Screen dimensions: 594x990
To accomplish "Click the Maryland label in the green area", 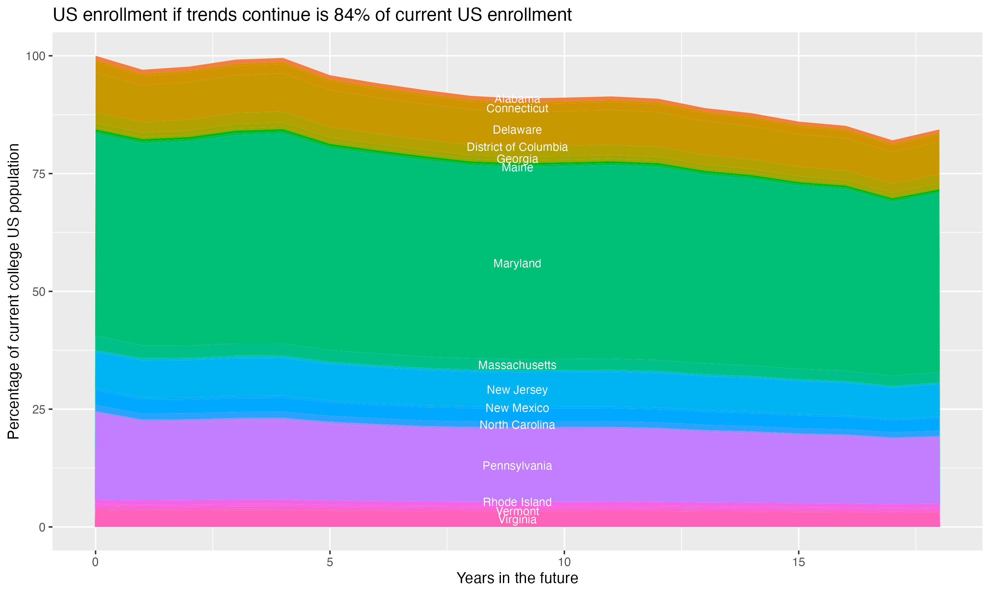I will coord(517,263).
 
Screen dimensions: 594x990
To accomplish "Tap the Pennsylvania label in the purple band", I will coord(517,466).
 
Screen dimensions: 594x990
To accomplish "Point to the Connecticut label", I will coord(517,109).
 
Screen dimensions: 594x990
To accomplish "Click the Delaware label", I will coord(517,130).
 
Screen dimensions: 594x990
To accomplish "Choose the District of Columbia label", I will coord(517,147).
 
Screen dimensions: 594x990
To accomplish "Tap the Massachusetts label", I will coord(517,365).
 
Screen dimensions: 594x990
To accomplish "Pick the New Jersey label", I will coord(517,390).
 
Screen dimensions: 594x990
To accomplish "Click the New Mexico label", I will coord(517,408).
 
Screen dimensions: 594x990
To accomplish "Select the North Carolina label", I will coord(517,425).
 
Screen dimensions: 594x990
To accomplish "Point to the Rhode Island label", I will coord(517,502).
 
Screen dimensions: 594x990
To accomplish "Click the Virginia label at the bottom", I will coord(517,520).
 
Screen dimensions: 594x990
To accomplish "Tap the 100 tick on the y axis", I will coord(35,56).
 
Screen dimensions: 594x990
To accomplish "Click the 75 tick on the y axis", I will coord(39,174).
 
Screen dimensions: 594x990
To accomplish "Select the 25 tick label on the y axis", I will coord(39,409).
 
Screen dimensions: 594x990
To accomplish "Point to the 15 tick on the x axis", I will coord(798,562).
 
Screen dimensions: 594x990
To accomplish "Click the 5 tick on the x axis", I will coord(330,562).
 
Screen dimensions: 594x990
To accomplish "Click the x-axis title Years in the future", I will coord(517,578).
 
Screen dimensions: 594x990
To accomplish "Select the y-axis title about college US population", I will coord(14,291).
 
